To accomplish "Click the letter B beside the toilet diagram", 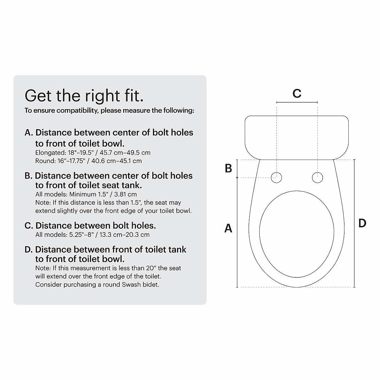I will click(x=228, y=168).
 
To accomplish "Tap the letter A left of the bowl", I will click(x=228, y=228).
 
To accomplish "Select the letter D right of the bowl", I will click(x=362, y=223).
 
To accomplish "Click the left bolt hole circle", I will click(x=276, y=178).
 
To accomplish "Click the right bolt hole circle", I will click(x=317, y=178).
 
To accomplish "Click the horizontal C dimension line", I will click(x=297, y=102).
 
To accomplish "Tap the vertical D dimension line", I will click(x=354, y=223).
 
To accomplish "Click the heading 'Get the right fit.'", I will click(x=84, y=96).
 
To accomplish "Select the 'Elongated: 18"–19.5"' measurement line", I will click(x=93, y=153).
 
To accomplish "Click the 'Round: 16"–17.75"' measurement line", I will click(x=88, y=161).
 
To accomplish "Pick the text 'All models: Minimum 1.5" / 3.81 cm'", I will click(x=86, y=194).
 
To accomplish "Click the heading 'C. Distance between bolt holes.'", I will click(x=90, y=225).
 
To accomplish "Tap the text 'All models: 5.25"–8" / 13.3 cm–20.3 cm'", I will click(x=92, y=235).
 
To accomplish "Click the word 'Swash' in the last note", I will click(x=131, y=284).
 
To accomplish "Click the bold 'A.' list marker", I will click(x=29, y=132).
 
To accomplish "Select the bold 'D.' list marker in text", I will click(x=29, y=250).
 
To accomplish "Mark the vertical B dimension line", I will click(x=237, y=168).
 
